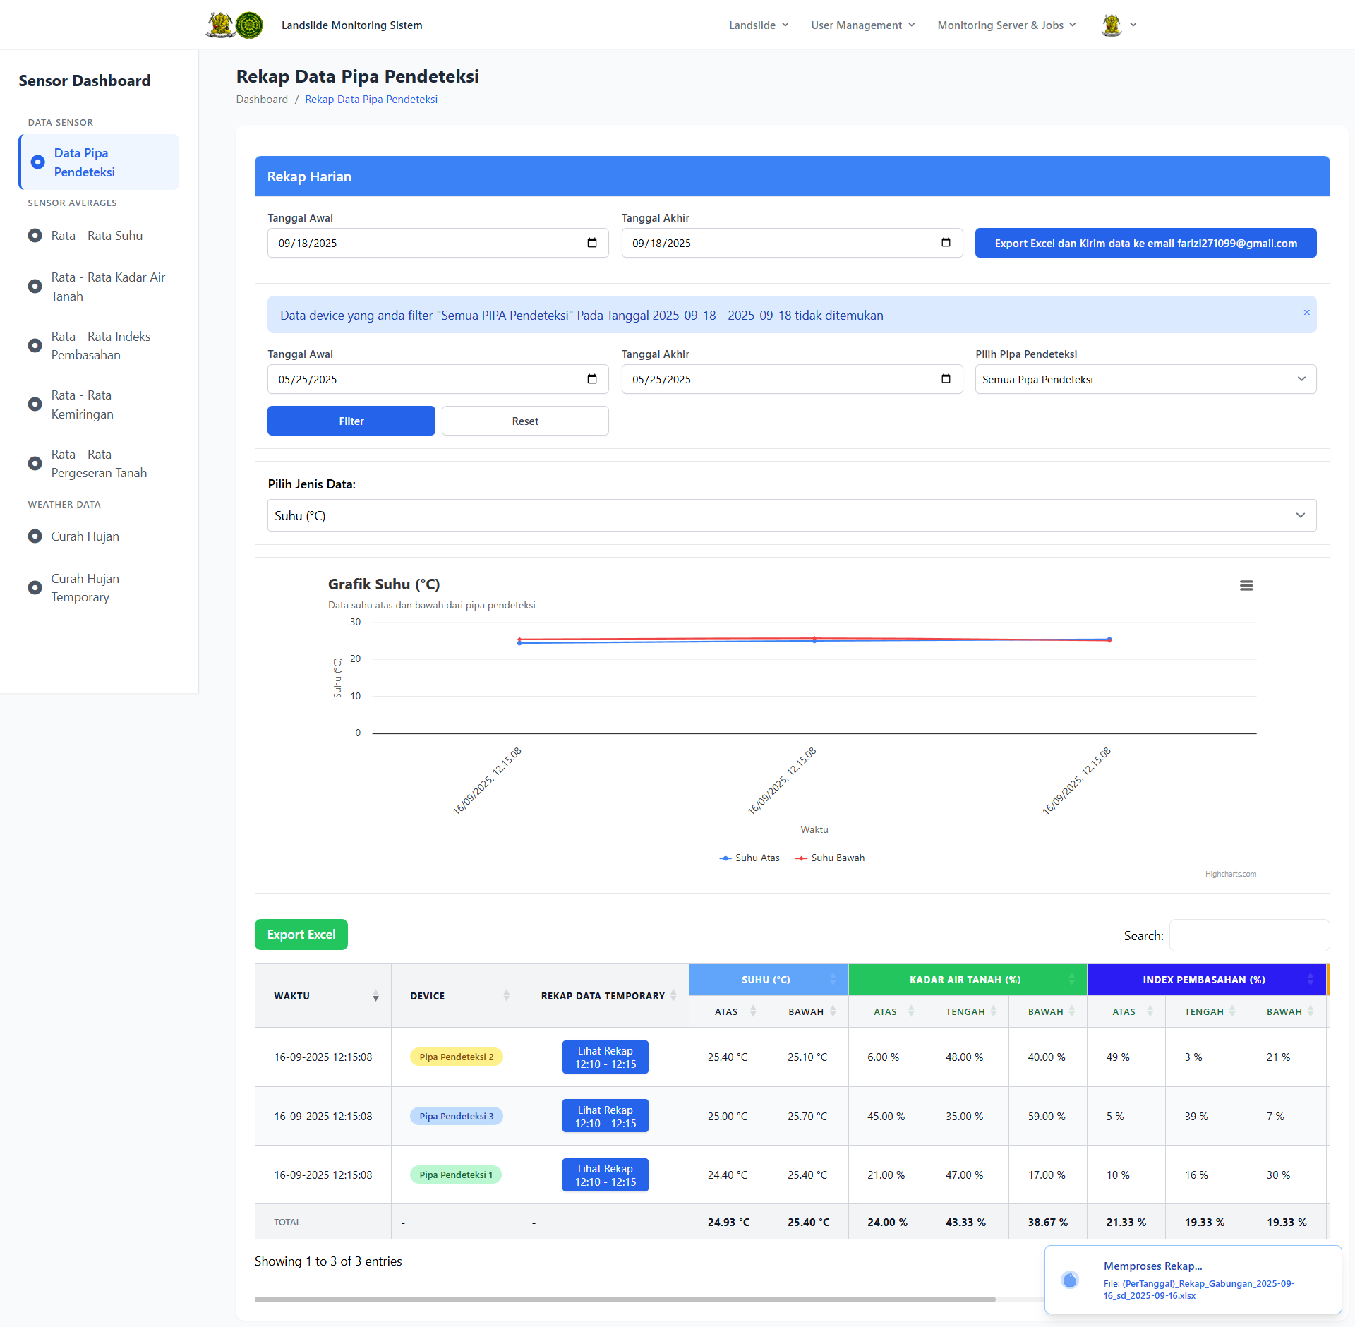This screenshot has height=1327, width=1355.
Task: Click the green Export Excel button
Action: tap(301, 935)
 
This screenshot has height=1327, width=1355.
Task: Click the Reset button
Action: tap(525, 421)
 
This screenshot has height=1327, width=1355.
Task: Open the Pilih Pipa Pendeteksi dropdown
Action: tap(1145, 379)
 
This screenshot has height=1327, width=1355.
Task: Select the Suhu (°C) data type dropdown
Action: tap(791, 515)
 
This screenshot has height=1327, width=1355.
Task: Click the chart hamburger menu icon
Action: tap(1246, 585)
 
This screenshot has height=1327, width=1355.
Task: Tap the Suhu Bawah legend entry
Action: tap(830, 858)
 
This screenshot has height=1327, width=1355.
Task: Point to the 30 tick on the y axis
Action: tap(355, 622)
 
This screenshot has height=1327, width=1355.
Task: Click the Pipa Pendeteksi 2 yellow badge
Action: tap(456, 1057)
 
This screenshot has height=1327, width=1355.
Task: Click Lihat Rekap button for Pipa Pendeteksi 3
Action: tap(605, 1116)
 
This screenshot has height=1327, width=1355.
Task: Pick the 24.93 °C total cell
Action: tap(728, 1222)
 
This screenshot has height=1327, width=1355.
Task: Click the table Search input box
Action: tap(1249, 935)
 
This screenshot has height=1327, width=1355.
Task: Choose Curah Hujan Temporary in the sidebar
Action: tap(85, 587)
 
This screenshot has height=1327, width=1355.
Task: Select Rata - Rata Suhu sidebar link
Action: tap(97, 236)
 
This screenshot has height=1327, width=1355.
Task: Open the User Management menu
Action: tap(862, 25)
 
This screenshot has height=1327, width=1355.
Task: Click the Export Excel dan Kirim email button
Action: tap(1145, 243)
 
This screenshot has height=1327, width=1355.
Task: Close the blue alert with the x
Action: tap(1306, 312)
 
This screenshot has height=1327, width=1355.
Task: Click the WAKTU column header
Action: tap(292, 996)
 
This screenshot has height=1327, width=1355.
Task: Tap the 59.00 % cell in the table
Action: tap(1047, 1116)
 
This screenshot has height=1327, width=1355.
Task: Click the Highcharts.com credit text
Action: tap(1230, 874)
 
